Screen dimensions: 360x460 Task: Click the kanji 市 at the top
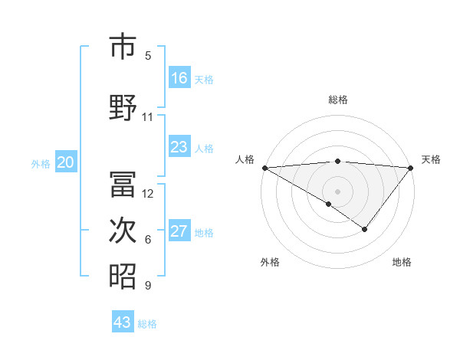(123, 47)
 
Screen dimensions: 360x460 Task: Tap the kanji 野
(123, 107)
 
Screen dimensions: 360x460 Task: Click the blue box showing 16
(179, 77)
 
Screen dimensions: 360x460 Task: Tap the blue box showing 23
(179, 147)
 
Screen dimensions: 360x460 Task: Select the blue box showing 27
(179, 232)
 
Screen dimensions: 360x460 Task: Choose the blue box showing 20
(66, 162)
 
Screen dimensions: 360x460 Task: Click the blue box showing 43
(123, 322)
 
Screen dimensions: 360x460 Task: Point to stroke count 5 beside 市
(148, 55)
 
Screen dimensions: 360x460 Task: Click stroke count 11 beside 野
(148, 117)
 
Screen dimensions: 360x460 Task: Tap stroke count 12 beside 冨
(149, 193)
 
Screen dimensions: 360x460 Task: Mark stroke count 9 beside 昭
(148, 286)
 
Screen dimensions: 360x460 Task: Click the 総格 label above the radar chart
(338, 100)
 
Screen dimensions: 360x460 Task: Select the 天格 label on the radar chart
(432, 159)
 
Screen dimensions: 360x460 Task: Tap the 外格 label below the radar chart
(270, 262)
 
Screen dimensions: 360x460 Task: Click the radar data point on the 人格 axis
(264, 167)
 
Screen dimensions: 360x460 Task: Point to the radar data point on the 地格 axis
(365, 229)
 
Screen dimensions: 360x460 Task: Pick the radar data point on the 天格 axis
(411, 167)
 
